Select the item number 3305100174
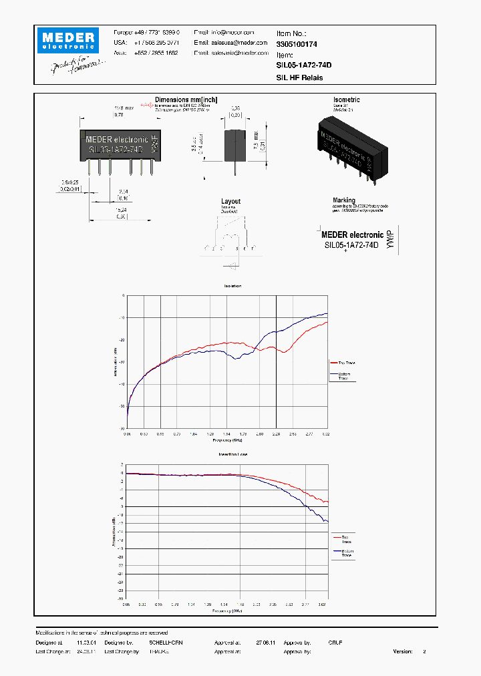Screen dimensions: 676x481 [297, 43]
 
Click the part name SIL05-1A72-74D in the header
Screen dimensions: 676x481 [304, 65]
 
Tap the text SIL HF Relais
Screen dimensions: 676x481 [299, 77]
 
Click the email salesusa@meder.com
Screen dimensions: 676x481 [224, 42]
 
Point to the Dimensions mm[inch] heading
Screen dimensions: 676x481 [186, 100]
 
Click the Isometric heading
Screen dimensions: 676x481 [347, 100]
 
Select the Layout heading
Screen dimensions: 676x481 [230, 201]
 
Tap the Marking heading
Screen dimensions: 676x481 [345, 200]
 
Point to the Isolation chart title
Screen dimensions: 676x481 [232, 286]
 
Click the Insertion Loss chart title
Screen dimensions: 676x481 [233, 454]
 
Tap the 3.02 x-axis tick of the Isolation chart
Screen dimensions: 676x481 [326, 434]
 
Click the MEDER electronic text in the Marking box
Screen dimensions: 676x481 [352, 234]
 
